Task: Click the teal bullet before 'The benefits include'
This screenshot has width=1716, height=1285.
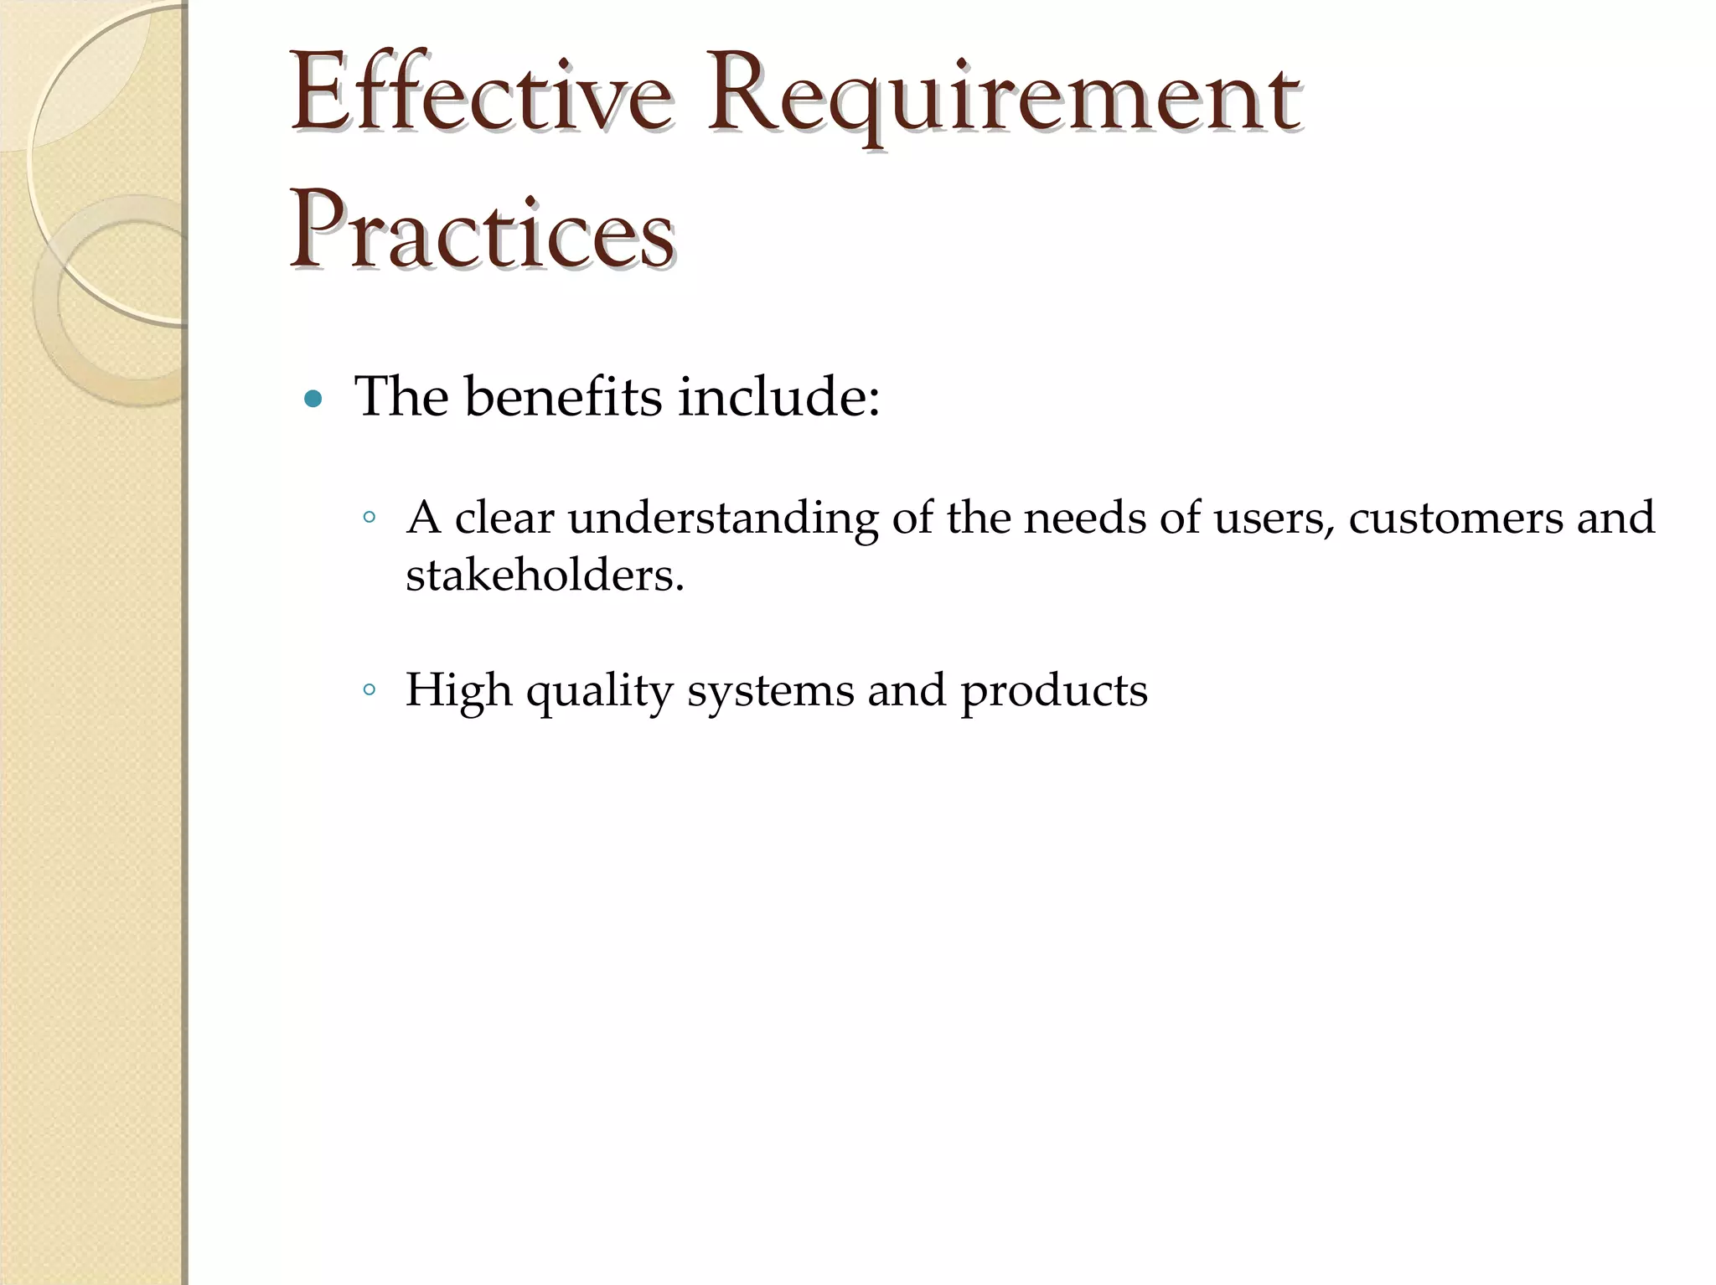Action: pos(313,400)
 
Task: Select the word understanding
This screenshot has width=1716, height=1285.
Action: pos(723,519)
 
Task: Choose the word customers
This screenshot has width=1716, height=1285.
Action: pos(1455,517)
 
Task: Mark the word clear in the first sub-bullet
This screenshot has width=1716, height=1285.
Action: pos(504,517)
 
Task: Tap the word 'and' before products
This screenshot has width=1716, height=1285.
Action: pos(907,690)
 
